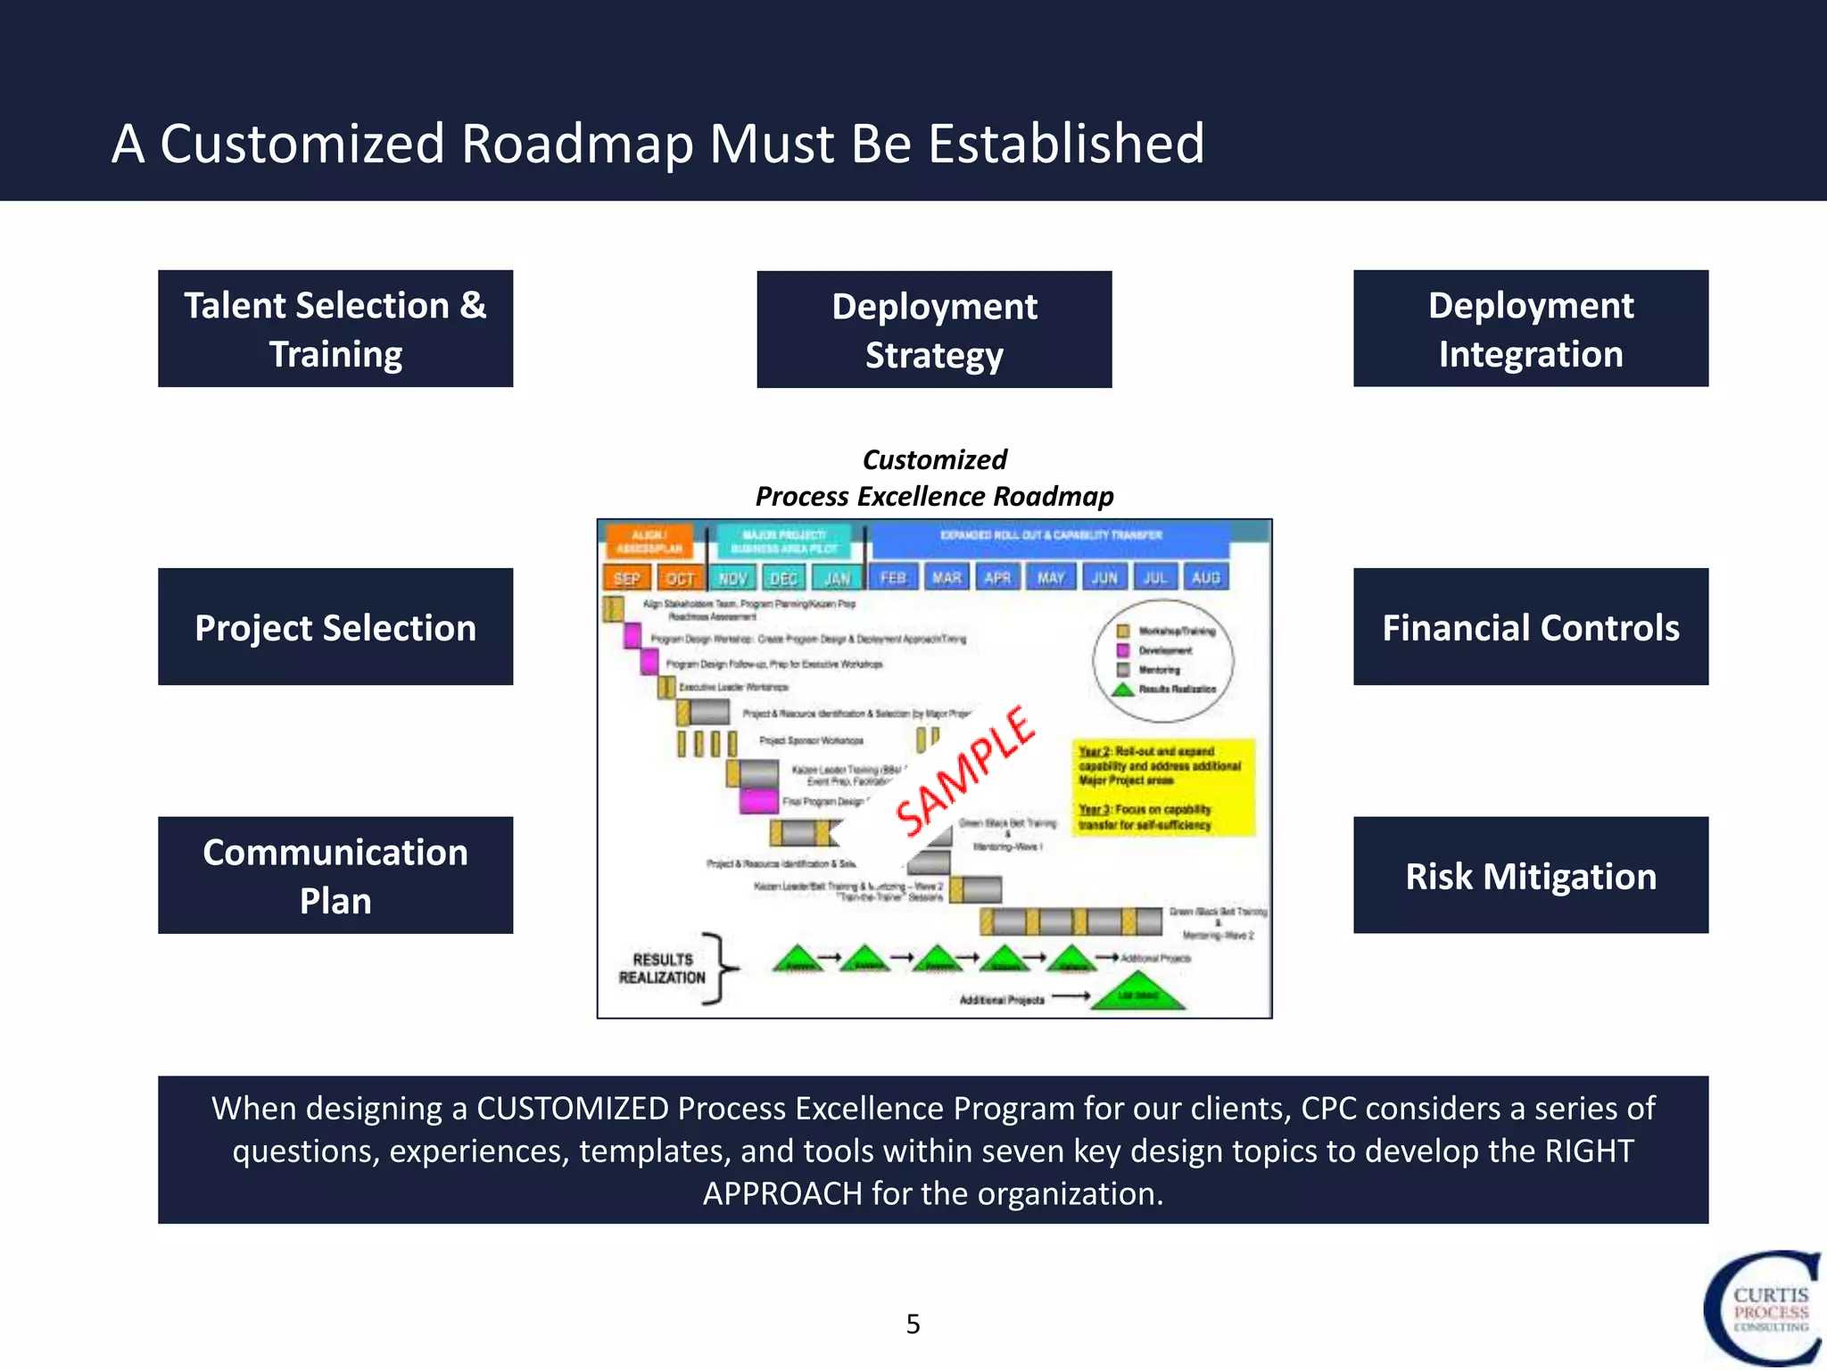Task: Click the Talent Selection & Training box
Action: pos(335,328)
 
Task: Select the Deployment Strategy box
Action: pos(934,329)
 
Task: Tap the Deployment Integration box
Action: pos(1530,328)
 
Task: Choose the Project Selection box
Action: pos(335,627)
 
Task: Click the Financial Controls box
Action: pos(1530,627)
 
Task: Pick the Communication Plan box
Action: pos(335,875)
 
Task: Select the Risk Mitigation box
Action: pos(1530,875)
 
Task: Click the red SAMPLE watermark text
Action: pos(965,772)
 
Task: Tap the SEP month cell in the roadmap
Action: pos(626,578)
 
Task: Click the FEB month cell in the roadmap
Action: pos(893,578)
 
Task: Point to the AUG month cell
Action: pos(1205,578)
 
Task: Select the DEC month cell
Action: pos(783,578)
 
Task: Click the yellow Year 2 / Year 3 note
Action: pos(1163,788)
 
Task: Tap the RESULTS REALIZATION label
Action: pos(662,969)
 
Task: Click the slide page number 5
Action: pos(913,1324)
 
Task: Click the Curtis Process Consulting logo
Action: pos(1763,1308)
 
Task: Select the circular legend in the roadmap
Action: pos(1163,661)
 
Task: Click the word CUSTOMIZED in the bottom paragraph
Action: pos(572,1109)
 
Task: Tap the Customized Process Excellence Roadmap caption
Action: pos(934,478)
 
